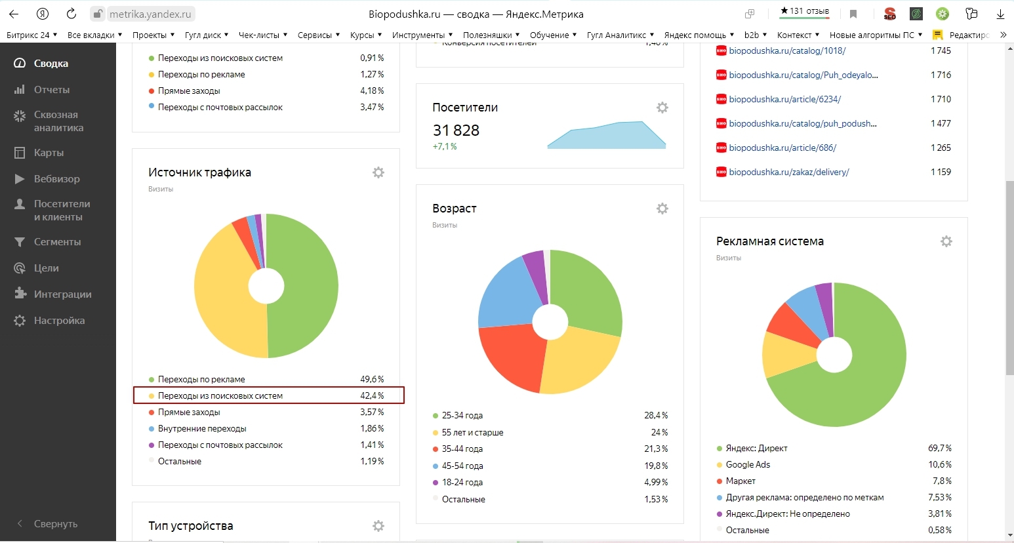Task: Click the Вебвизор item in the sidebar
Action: point(56,179)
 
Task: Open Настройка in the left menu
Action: point(59,321)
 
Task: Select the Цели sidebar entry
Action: point(46,268)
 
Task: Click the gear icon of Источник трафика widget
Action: point(378,172)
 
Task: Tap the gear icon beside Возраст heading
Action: point(662,209)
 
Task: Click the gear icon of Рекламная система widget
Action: point(946,241)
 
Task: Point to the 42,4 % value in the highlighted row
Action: point(372,396)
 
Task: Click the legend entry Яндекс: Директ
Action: point(756,449)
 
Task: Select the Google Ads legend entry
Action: point(748,465)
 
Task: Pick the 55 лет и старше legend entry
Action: point(472,433)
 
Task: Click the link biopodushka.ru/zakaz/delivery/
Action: point(788,172)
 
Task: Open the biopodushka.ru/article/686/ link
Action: point(782,148)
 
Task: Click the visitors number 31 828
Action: point(456,131)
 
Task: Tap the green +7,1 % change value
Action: point(445,147)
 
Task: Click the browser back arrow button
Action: point(14,14)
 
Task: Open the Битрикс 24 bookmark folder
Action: point(31,35)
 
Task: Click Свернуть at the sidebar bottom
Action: point(55,524)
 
